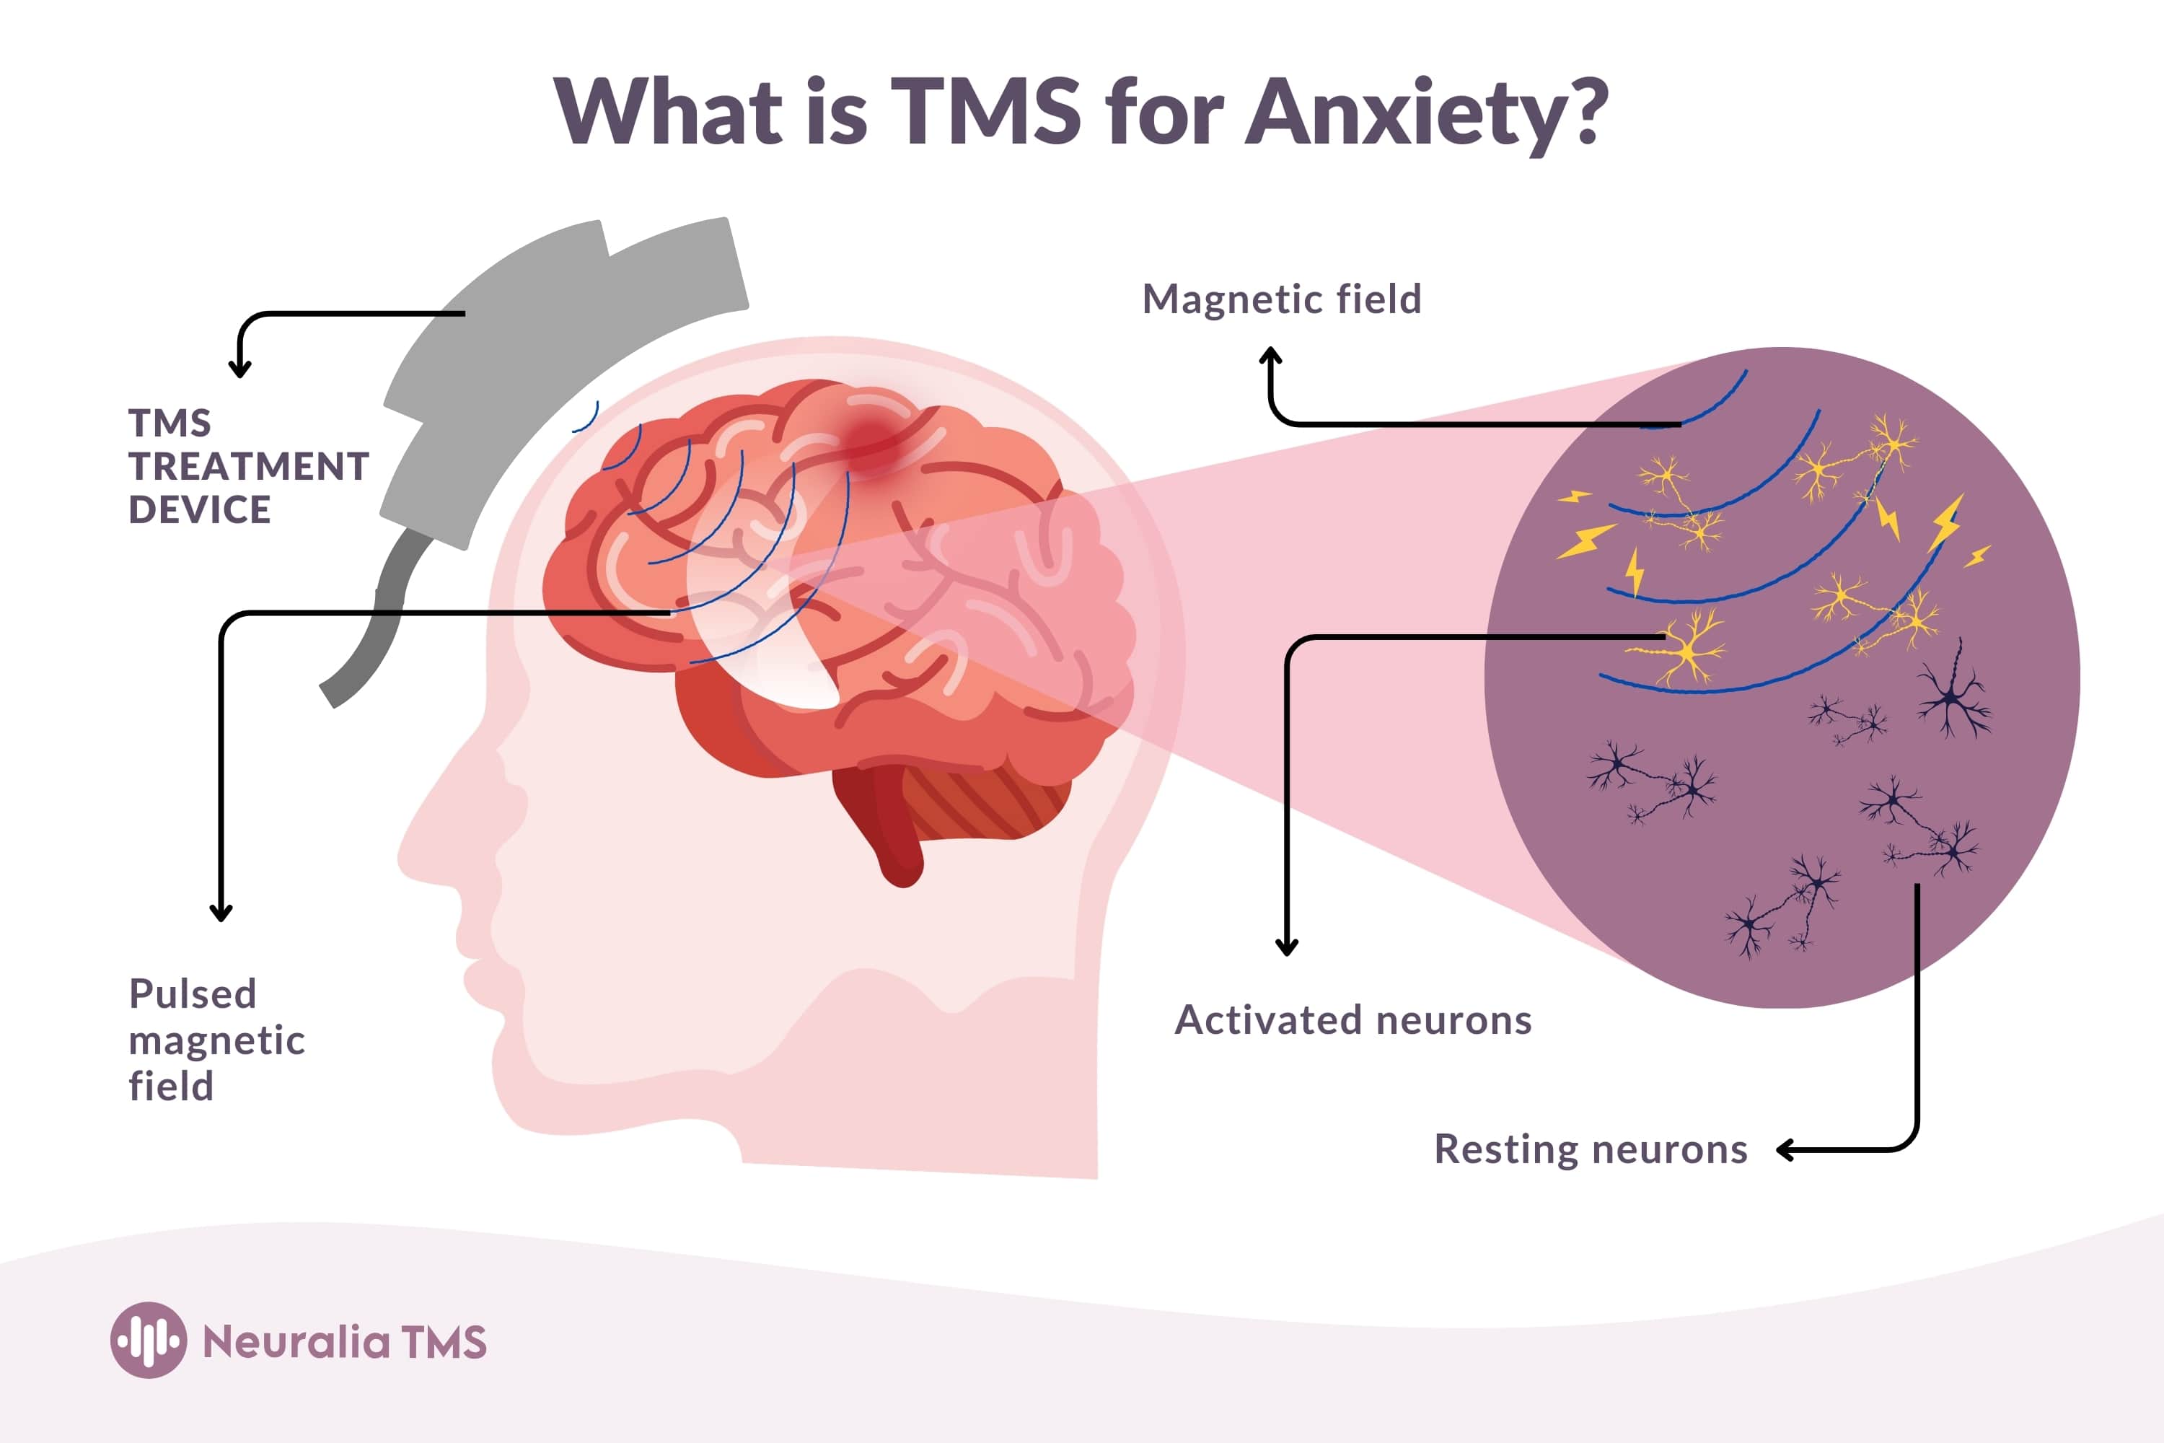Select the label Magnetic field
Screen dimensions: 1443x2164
tap(1282, 299)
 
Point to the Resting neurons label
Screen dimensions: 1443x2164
tap(1591, 1149)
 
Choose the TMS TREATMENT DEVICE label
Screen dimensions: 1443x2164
tap(247, 467)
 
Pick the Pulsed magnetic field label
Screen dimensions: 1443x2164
tap(216, 1040)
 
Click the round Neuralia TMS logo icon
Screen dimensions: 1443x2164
tap(148, 1340)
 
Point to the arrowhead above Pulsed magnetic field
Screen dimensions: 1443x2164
tap(221, 913)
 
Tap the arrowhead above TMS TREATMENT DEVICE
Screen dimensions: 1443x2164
tap(240, 370)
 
